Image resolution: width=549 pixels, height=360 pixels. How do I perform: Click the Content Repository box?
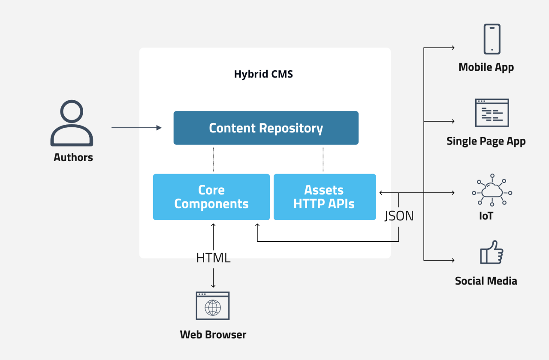[266, 128]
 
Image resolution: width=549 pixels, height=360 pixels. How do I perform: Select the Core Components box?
[211, 197]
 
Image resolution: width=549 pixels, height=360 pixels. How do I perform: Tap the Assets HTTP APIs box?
[324, 197]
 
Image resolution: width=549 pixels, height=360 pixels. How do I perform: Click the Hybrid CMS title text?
[263, 74]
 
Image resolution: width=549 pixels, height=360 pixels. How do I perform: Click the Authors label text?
[73, 157]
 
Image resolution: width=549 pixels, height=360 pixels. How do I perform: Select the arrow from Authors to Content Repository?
[136, 128]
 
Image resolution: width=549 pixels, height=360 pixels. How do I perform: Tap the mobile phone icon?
[492, 39]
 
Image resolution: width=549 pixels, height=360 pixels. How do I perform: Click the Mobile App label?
[486, 67]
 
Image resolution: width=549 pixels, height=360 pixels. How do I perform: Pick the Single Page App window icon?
[492, 113]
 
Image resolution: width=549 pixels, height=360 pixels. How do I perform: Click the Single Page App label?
[486, 141]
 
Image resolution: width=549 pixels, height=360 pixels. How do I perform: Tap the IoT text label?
[486, 216]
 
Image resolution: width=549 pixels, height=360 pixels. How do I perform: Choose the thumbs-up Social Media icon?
[492, 252]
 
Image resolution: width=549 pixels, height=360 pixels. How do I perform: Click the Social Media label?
[486, 281]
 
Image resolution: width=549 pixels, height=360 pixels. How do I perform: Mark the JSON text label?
[399, 216]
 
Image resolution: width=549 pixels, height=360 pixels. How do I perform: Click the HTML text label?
[213, 258]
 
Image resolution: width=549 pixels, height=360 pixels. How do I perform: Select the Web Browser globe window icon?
[213, 306]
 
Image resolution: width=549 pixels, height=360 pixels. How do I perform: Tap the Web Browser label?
[213, 335]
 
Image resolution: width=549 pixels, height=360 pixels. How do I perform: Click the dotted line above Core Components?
[214, 159]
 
